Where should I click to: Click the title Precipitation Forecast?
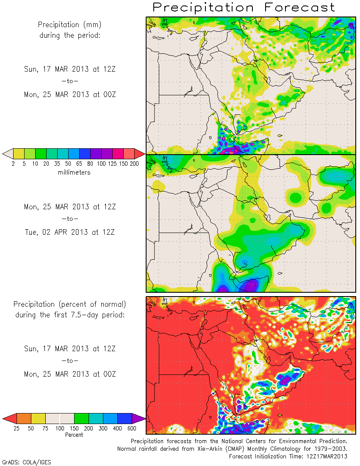[244, 7]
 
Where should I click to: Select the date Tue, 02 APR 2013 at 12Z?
[70, 232]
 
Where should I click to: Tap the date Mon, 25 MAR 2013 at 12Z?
[70, 207]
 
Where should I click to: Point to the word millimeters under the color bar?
[74, 172]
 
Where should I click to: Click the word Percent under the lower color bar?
[74, 435]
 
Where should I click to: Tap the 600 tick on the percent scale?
[132, 428]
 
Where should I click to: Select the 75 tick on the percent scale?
[45, 428]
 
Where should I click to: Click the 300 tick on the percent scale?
[103, 428]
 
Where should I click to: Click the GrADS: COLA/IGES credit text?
[27, 462]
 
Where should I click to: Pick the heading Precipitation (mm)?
[70, 25]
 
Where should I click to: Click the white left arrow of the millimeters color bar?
[7, 153]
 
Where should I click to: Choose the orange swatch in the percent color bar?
[24, 419]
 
